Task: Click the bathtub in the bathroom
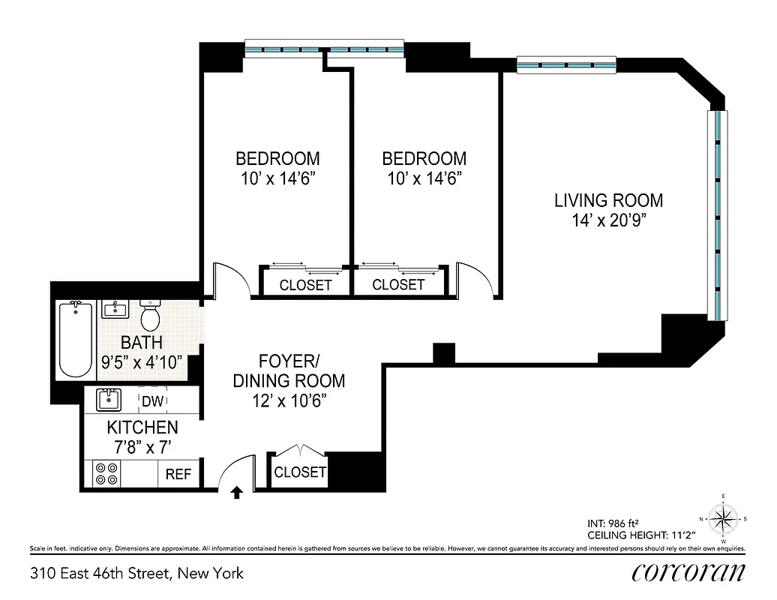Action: (x=74, y=339)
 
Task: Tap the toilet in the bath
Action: (x=151, y=316)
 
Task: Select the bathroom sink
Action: (x=116, y=310)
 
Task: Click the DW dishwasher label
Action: (x=152, y=401)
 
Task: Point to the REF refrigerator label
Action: (x=178, y=474)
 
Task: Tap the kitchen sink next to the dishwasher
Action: (x=109, y=400)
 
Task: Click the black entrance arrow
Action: (x=236, y=493)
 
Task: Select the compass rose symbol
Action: (x=723, y=517)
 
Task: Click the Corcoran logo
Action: (x=688, y=572)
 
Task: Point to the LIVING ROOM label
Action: (x=608, y=200)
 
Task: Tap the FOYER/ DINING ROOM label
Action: (x=289, y=370)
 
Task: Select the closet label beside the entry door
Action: (x=300, y=472)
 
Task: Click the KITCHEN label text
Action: (x=142, y=427)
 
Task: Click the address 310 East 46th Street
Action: (x=136, y=574)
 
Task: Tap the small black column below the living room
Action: (x=444, y=352)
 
